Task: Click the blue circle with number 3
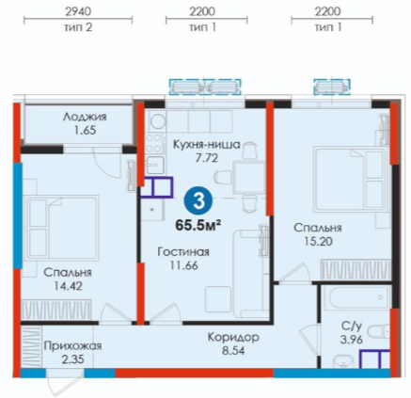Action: point(198,200)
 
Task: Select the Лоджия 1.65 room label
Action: point(85,123)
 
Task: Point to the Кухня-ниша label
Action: point(207,145)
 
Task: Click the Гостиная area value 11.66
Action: point(183,265)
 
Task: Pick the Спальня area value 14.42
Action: point(68,286)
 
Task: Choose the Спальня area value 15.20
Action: point(318,242)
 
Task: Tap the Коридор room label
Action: point(233,338)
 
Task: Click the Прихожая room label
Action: point(72,346)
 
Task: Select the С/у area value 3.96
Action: point(351,340)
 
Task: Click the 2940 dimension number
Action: point(78,11)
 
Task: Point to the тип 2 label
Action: point(78,27)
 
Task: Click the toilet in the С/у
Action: point(378,333)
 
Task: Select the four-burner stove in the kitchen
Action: point(153,143)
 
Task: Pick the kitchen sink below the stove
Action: point(154,165)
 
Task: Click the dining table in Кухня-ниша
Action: point(249,177)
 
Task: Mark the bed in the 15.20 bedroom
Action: point(350,179)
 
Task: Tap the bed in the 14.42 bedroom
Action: point(63,227)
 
